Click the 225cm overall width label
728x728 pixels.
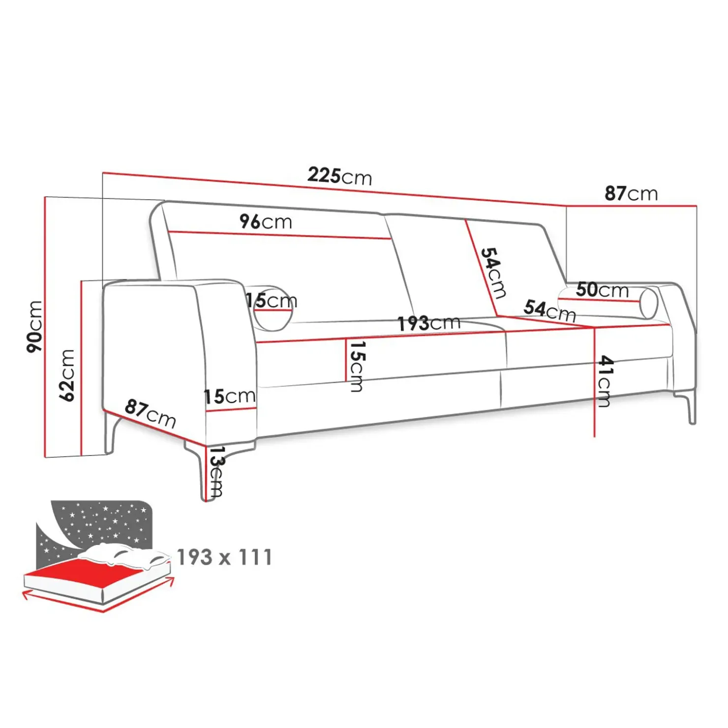(340, 176)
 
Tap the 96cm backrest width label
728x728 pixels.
(266, 221)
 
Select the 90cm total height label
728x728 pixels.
(34, 326)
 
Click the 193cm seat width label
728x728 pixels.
(429, 323)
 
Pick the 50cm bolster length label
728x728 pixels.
(602, 290)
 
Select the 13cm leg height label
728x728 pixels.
(216, 471)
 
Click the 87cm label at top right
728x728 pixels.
(631, 193)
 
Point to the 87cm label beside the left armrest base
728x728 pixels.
(150, 413)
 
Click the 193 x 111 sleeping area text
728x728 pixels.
(224, 557)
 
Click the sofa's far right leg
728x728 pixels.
(689, 406)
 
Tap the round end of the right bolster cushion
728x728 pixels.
(648, 303)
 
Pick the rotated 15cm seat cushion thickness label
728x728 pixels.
(357, 366)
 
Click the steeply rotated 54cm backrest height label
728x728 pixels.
(493, 273)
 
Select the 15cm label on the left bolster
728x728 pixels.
(271, 300)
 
